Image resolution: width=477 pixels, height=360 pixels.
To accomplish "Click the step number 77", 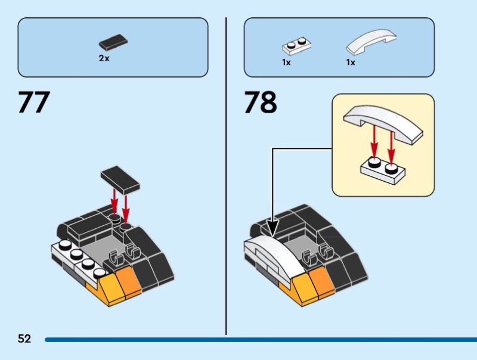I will (33, 103).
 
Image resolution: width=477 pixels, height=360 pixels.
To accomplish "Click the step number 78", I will (261, 103).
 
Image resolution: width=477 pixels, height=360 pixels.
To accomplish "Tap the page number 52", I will (24, 339).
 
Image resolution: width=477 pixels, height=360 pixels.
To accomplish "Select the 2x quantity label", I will (104, 58).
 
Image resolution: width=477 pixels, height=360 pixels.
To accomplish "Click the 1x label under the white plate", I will (286, 62).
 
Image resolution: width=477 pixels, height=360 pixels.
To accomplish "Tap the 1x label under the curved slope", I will (351, 62).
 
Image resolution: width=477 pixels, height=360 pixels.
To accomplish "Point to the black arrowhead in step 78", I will (272, 226).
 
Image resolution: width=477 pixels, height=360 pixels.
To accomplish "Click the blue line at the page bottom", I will (256, 340).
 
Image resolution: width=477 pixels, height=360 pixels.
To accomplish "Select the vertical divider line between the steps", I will (226, 179).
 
